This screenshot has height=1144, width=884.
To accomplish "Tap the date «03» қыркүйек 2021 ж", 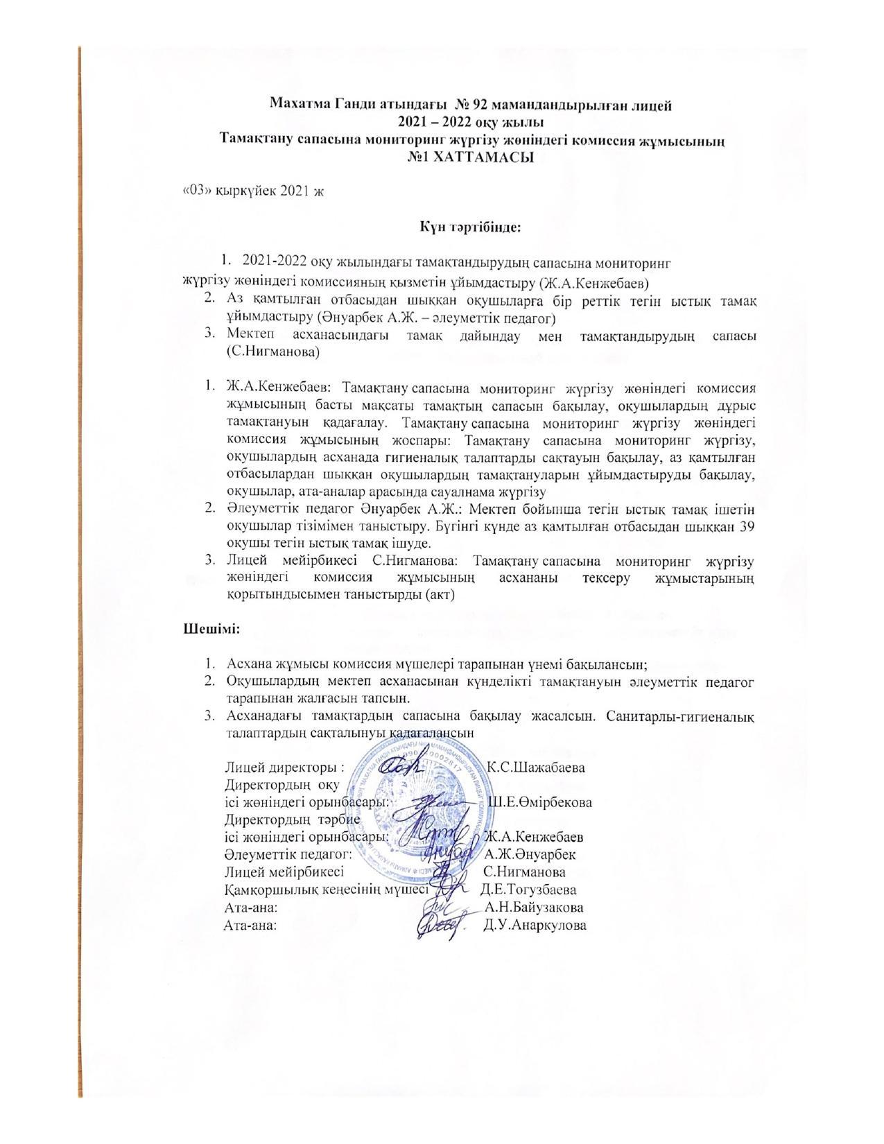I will pyautogui.click(x=253, y=191).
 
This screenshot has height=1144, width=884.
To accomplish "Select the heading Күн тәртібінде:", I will pyautogui.click(x=469, y=227).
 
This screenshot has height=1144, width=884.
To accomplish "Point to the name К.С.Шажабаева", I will pyautogui.click(x=536, y=768).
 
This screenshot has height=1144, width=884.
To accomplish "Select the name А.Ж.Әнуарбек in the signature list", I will pyautogui.click(x=530, y=854).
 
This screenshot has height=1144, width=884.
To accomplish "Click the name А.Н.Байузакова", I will pyautogui.click(x=534, y=908).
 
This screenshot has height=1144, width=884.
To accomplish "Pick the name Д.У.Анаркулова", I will pyautogui.click(x=535, y=926).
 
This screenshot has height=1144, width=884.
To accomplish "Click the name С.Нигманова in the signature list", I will pyautogui.click(x=524, y=872).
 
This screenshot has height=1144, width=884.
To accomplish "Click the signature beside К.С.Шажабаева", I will pyautogui.click(x=401, y=765).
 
